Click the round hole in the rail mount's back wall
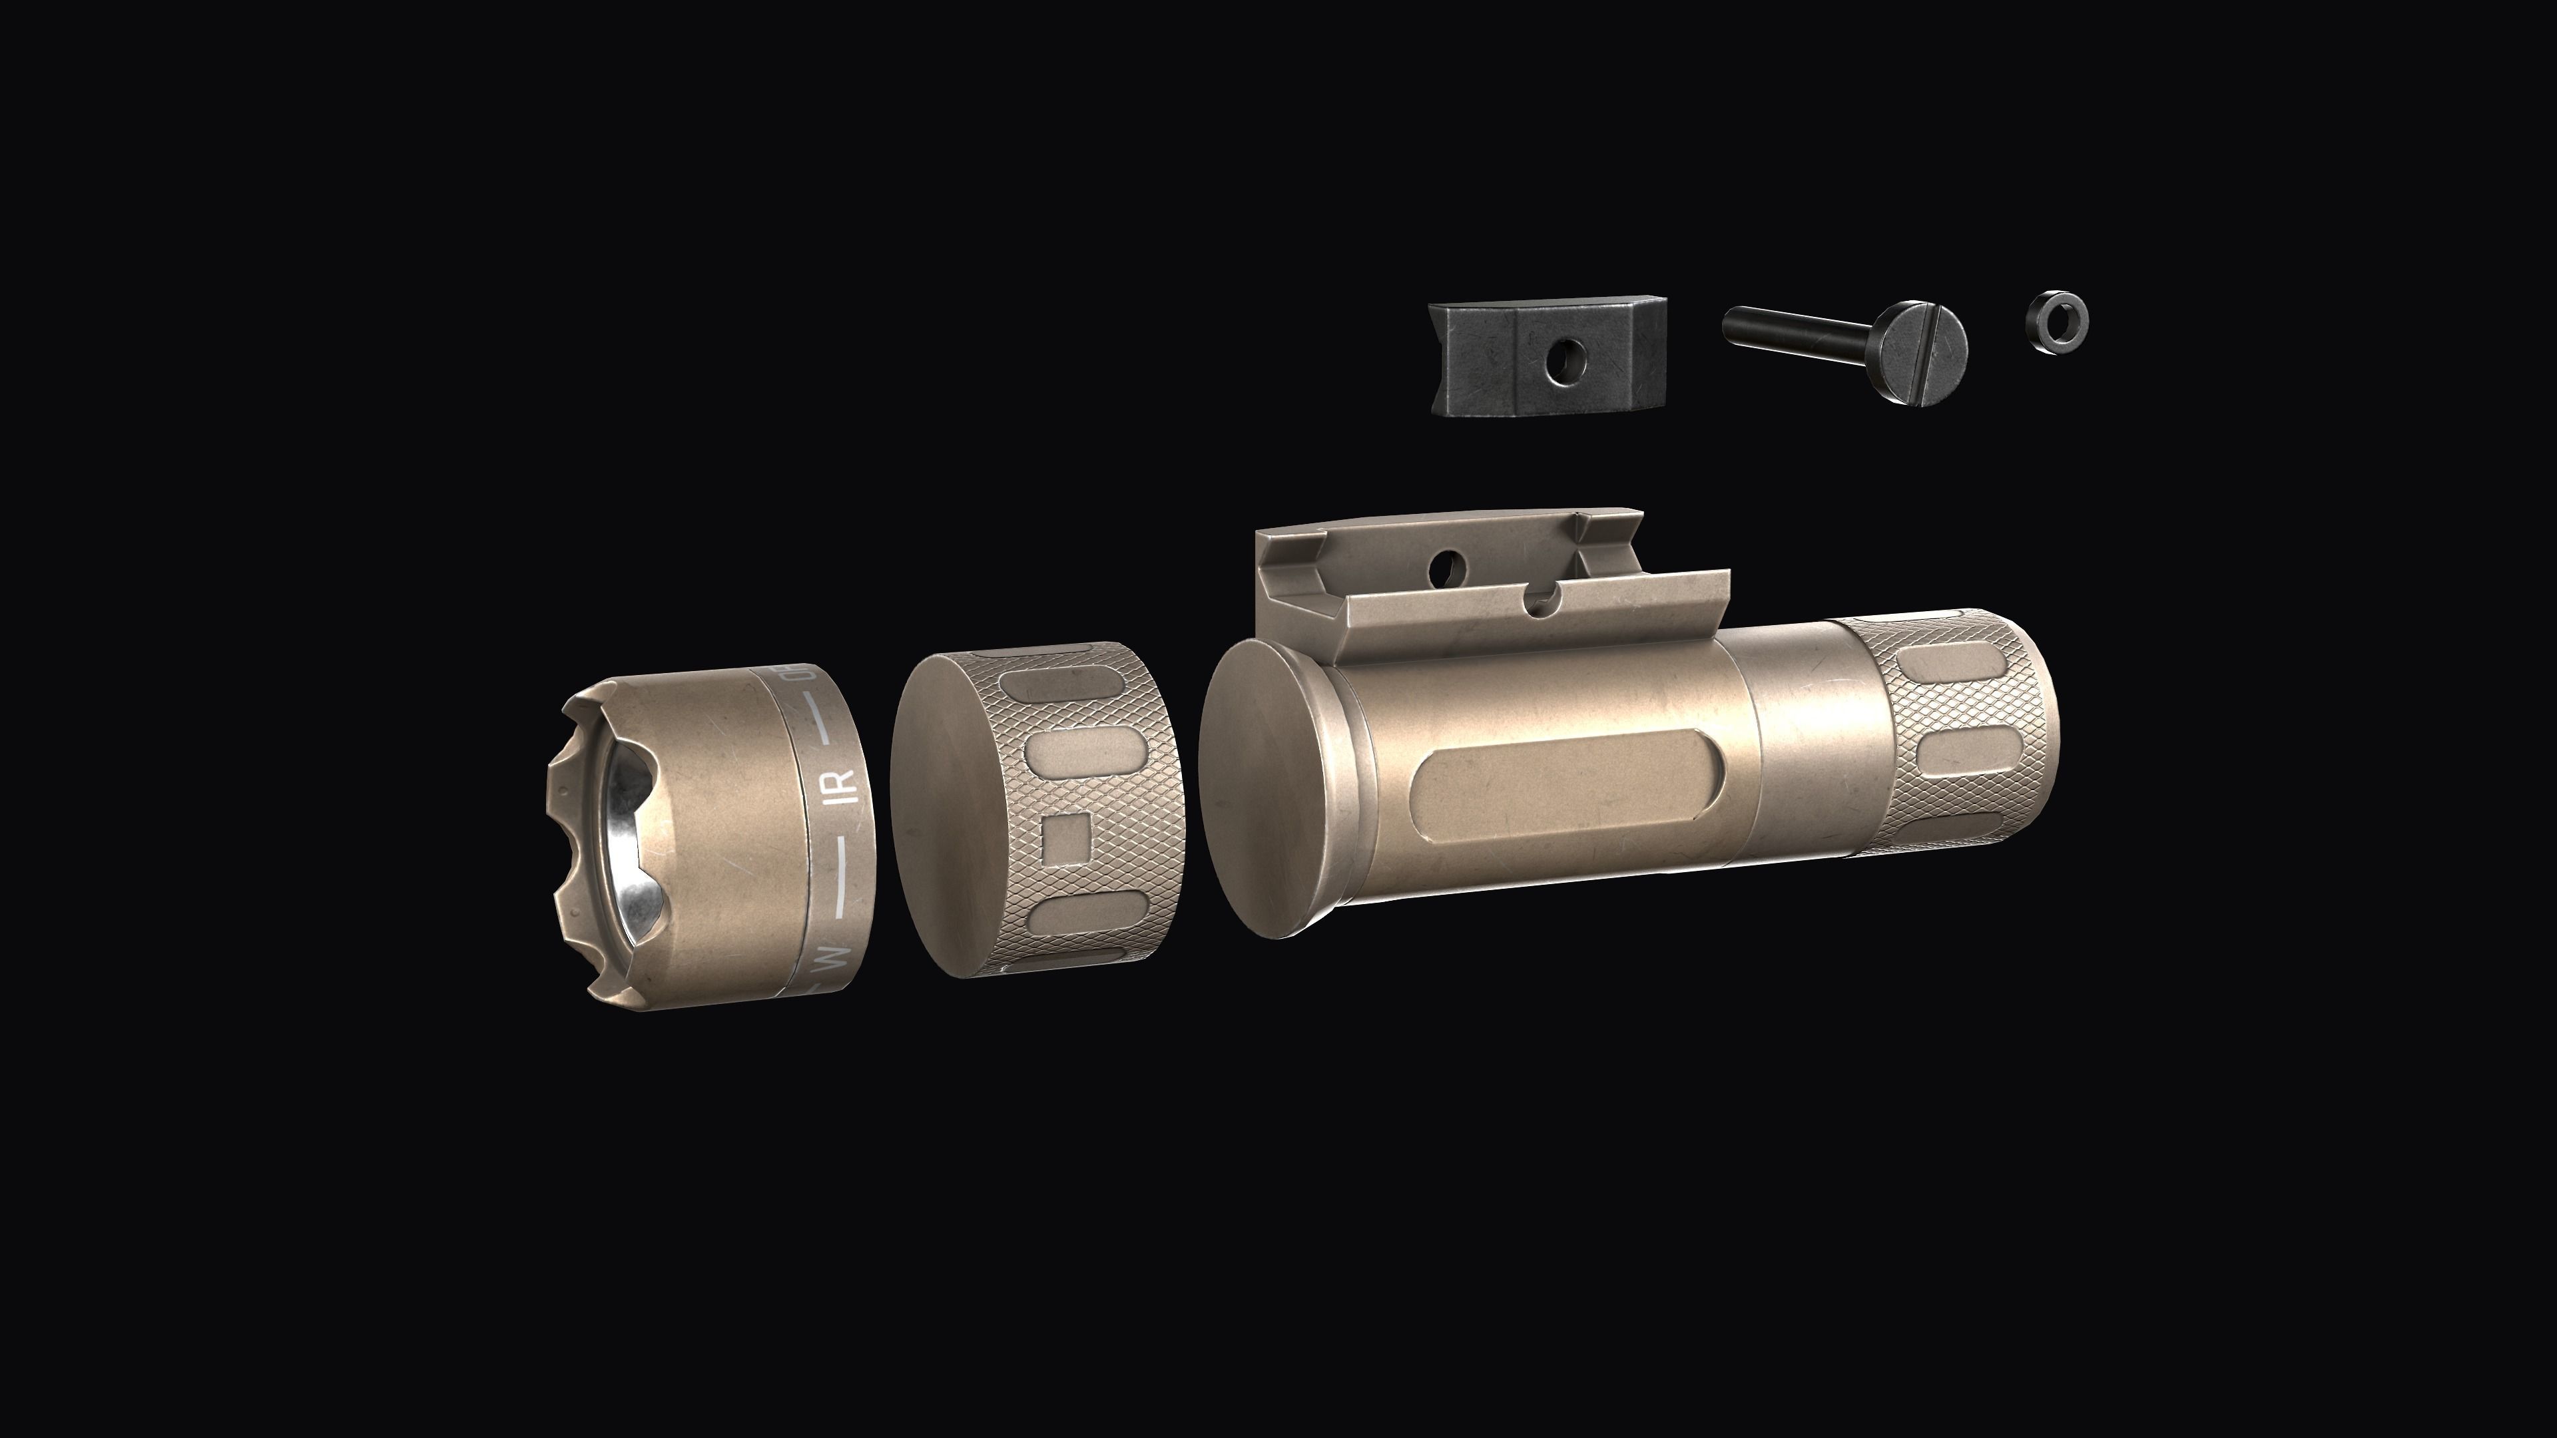[1448, 567]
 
